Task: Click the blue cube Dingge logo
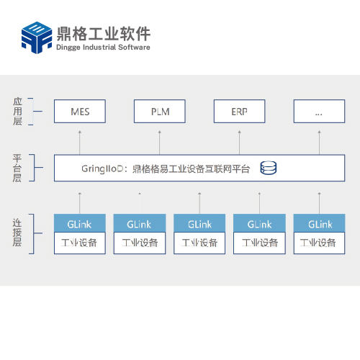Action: tap(37, 37)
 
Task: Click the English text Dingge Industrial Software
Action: tap(103, 48)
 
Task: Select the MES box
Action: tap(80, 112)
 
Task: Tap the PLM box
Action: tap(160, 112)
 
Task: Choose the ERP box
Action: tap(240, 112)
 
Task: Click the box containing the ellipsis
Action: tap(319, 112)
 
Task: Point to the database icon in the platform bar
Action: tap(269, 168)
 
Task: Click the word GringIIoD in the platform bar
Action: tap(102, 169)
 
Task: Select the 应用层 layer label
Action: tap(17, 112)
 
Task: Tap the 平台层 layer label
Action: tap(17, 168)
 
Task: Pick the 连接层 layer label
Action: tap(17, 233)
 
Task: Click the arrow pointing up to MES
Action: tap(80, 143)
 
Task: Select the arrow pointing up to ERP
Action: tap(240, 143)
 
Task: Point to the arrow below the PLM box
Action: tap(160, 143)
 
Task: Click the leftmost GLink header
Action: tap(80, 223)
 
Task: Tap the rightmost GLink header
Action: tap(320, 223)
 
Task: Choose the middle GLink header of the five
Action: tap(199, 223)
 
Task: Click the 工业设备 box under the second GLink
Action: tap(140, 243)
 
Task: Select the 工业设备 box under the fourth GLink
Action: tap(259, 243)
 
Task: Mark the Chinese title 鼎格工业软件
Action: tap(104, 33)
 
